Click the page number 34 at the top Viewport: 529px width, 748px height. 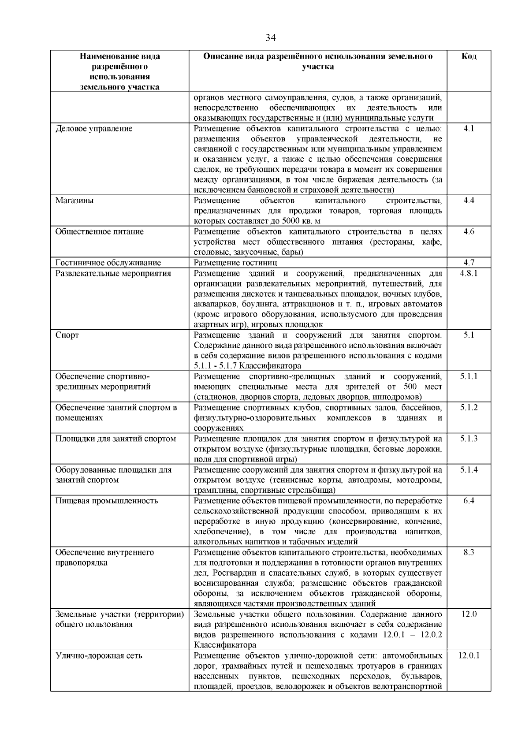point(270,38)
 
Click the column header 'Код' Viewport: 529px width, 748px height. point(469,56)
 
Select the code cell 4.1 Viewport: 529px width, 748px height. point(469,129)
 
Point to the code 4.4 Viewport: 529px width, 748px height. point(469,201)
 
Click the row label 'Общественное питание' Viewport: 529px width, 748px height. point(99,232)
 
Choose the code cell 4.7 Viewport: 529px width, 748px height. point(469,263)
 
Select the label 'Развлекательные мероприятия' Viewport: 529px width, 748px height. point(113,273)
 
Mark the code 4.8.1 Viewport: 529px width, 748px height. point(469,273)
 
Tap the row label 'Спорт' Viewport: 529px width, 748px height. point(67,335)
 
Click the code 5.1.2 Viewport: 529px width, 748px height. point(469,408)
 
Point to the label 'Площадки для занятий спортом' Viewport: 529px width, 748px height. point(115,439)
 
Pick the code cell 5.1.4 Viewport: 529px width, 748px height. point(469,470)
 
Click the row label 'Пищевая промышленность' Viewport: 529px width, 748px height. point(106,501)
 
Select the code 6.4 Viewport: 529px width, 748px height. point(469,501)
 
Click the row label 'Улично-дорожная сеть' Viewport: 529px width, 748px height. point(99,656)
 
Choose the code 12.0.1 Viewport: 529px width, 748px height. point(469,656)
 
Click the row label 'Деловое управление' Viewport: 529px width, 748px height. point(93,129)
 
